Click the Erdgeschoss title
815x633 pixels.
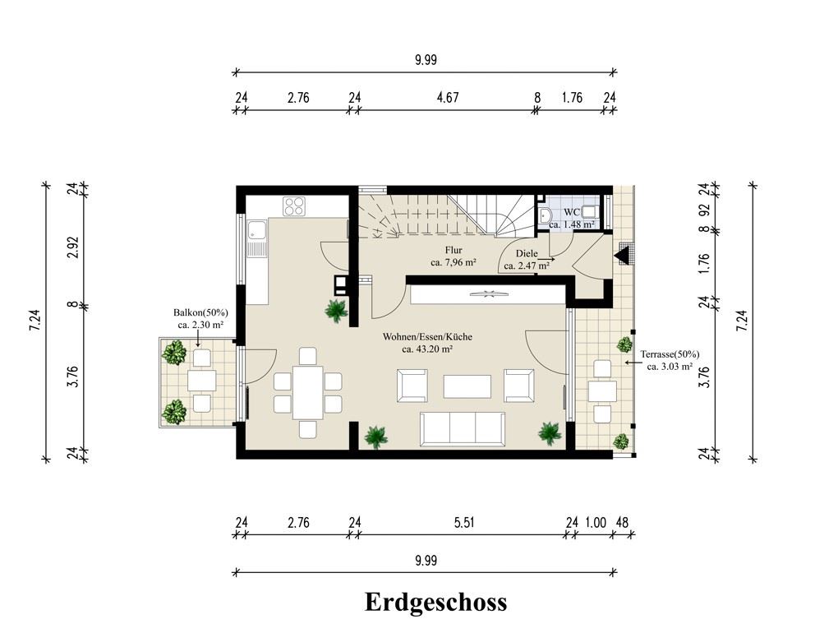pos(435,603)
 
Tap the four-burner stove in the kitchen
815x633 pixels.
pos(294,206)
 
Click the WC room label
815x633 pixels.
pos(572,212)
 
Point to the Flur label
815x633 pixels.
pos(454,250)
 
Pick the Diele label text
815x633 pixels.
pos(527,254)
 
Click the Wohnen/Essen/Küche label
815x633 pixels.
pos(427,336)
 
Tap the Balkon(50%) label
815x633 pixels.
pos(200,312)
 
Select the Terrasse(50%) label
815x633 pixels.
pos(670,354)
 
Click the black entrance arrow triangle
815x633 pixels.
pos(623,256)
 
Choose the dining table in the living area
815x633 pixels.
pos(308,393)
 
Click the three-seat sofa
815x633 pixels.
pos(462,429)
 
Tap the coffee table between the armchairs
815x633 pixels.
pos(467,386)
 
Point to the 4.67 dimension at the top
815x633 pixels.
pos(448,97)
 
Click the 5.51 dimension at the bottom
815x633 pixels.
pos(464,522)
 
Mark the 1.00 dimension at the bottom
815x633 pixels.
pos(596,522)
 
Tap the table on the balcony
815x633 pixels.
pos(201,381)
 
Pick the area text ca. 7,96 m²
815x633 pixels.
pos(454,263)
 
